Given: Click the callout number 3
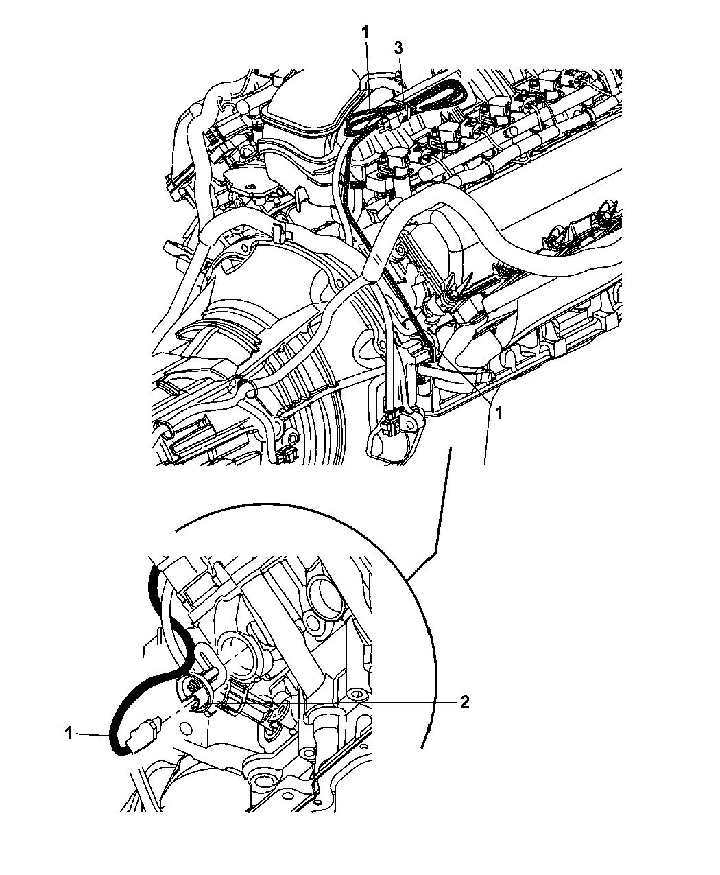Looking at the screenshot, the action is click(x=398, y=49).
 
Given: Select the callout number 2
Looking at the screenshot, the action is click(x=464, y=702).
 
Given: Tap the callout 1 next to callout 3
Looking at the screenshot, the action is click(x=365, y=32).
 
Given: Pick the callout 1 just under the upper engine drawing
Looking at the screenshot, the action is click(x=498, y=414).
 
